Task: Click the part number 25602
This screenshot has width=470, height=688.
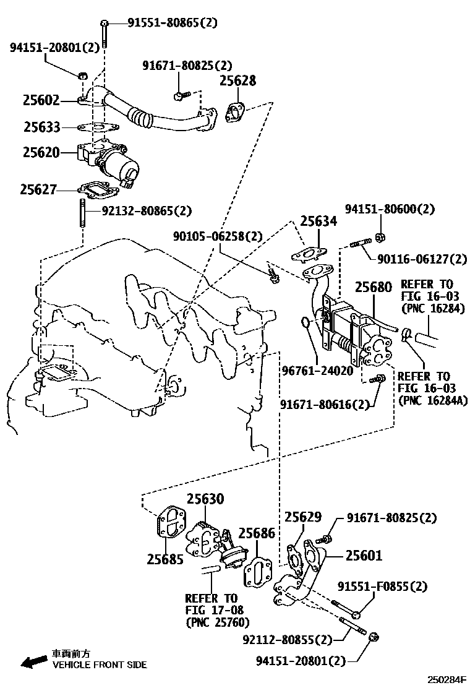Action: pyautogui.click(x=41, y=100)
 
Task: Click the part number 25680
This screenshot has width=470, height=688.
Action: pyautogui.click(x=373, y=288)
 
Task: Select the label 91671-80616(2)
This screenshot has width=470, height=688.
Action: pyautogui.click(x=324, y=404)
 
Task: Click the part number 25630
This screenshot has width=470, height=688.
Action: pyautogui.click(x=205, y=499)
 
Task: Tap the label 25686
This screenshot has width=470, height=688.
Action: pyautogui.click(x=257, y=533)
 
